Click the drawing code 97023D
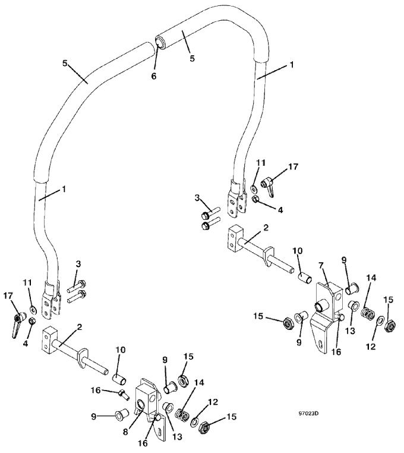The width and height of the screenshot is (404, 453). pos(308,413)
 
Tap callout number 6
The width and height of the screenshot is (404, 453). pos(154,76)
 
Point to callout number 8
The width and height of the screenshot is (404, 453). pos(125,432)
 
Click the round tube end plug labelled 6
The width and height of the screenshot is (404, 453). pos(160,41)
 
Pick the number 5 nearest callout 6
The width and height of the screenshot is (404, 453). pos(192,58)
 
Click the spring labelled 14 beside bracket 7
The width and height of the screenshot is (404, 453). pos(367,313)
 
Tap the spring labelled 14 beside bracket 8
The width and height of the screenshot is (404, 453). pos(181,415)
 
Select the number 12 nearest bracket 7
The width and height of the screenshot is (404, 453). pos(371,346)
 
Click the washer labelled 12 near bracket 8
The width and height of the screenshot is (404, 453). pos(195,423)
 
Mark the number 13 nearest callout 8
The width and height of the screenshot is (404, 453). pos(177,437)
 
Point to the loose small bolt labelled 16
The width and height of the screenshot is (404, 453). pos(124,394)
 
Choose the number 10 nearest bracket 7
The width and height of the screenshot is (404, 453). pos(298,250)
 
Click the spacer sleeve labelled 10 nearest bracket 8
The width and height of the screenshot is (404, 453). pos(119,379)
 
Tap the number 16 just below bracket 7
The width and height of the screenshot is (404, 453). pos(336,352)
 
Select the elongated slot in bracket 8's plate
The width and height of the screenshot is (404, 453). pos(160,433)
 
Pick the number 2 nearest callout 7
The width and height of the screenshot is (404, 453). pos(266,227)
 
